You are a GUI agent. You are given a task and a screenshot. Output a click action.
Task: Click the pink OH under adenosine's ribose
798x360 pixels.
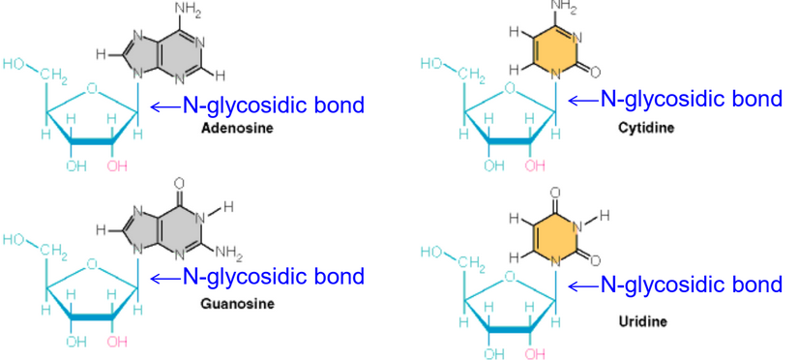point(118,165)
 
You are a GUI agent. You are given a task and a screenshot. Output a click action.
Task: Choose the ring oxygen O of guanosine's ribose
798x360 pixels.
point(92,261)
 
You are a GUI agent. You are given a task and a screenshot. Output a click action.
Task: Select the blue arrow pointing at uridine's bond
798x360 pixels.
point(582,285)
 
